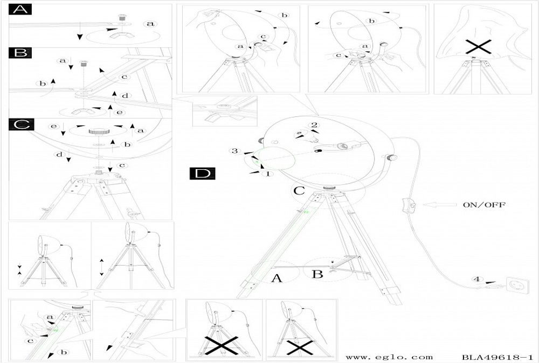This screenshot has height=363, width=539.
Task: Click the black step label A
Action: (x=20, y=10)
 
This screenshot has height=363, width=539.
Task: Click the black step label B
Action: (x=20, y=53)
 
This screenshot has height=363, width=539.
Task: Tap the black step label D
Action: (x=202, y=173)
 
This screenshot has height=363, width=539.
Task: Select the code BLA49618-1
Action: (x=497, y=357)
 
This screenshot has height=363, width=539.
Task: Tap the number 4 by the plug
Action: (x=475, y=279)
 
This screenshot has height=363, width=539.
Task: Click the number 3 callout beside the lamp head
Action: (x=234, y=151)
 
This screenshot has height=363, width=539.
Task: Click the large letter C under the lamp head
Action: (x=299, y=190)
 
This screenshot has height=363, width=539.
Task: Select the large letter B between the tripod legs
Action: (x=317, y=274)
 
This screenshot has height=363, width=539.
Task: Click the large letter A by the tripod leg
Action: (x=277, y=278)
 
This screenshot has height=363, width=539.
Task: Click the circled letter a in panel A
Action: (x=150, y=24)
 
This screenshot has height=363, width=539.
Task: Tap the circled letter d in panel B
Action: (x=125, y=96)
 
